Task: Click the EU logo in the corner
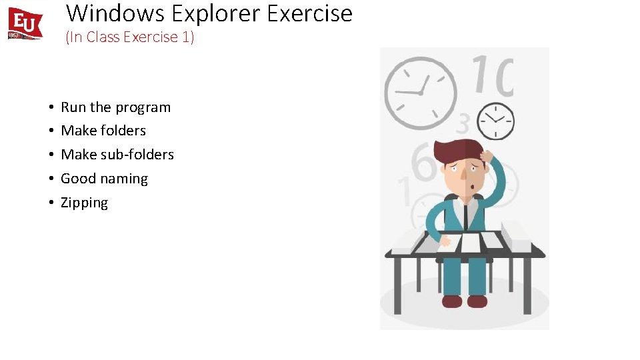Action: tap(25, 24)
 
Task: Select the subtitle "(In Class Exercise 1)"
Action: tap(129, 37)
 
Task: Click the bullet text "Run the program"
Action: tap(115, 107)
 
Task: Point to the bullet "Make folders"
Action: tap(103, 131)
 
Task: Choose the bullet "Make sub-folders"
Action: tap(117, 155)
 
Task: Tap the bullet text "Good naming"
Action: tap(104, 179)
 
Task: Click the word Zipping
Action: tap(84, 203)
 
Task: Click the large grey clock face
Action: tap(421, 93)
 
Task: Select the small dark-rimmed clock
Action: tap(495, 121)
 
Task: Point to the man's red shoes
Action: tap(465, 301)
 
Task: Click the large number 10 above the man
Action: tap(493, 76)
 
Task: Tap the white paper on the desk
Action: tap(471, 243)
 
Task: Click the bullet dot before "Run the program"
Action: tap(51, 107)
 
